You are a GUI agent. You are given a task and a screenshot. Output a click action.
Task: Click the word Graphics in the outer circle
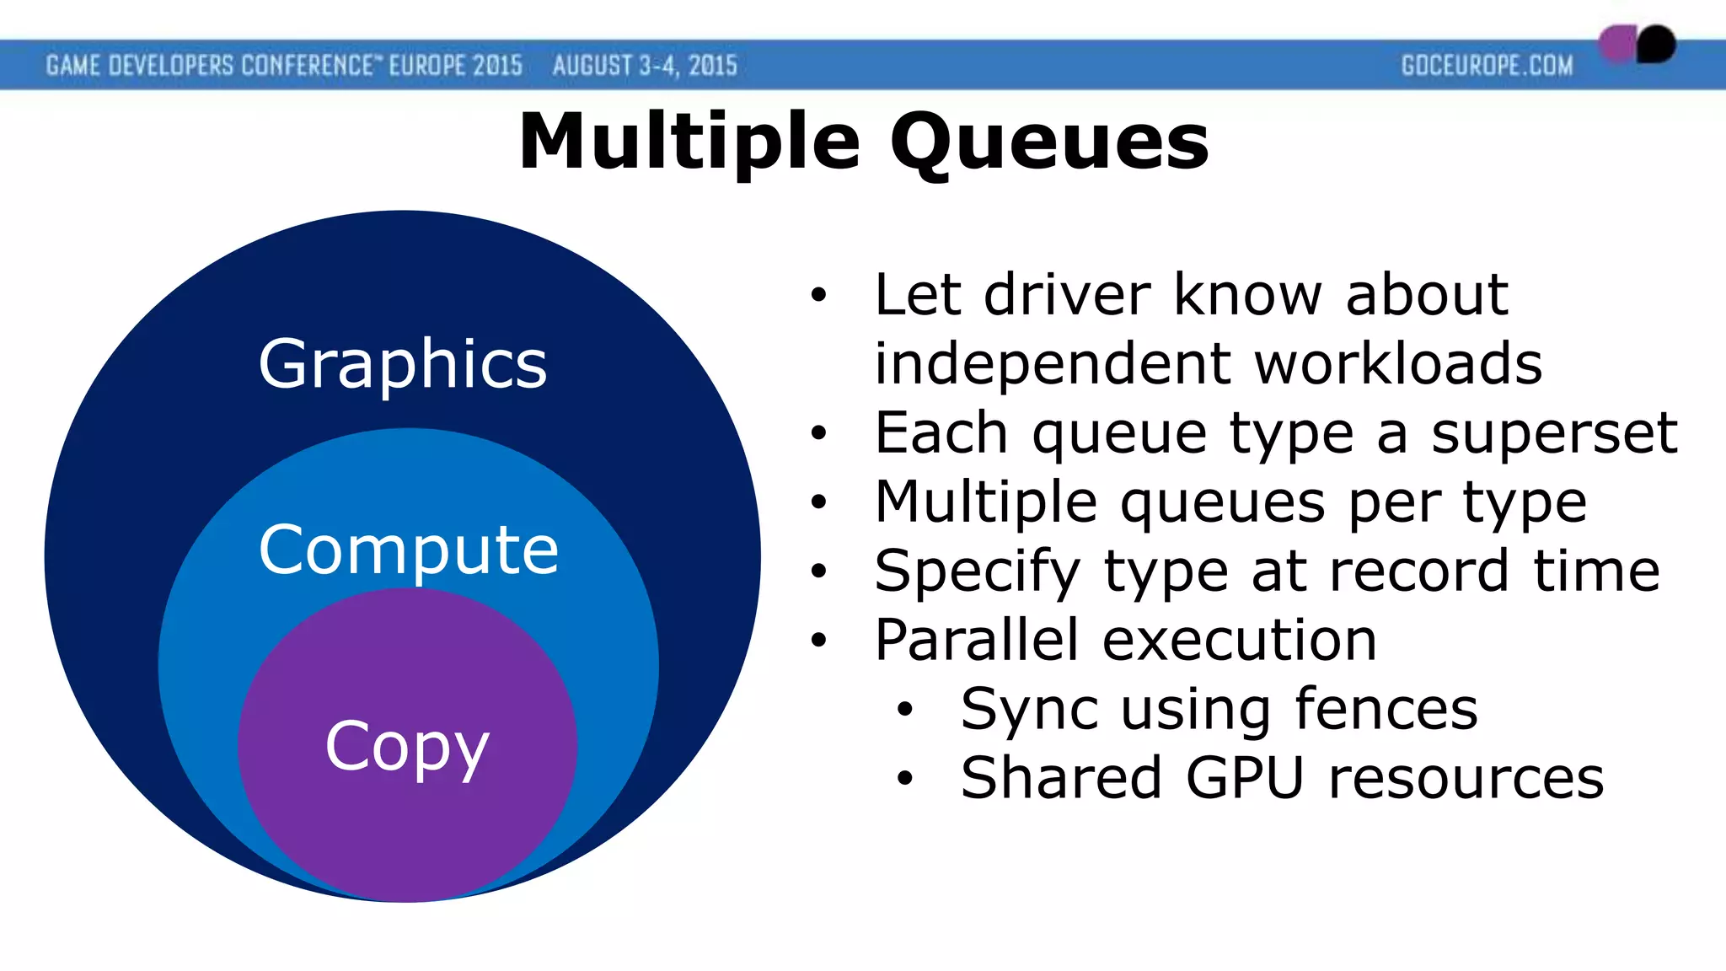[403, 364]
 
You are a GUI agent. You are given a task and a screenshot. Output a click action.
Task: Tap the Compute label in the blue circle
[408, 550]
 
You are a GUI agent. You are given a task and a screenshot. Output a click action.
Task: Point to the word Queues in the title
[1048, 141]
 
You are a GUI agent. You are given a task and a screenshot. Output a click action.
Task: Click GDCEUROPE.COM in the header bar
[1487, 66]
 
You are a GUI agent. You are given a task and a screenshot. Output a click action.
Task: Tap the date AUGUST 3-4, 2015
[645, 66]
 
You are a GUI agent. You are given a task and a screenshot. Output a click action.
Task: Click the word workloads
[1398, 363]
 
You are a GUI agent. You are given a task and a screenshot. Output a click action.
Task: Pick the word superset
[1554, 432]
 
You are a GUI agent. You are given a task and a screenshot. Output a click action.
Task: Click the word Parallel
[976, 640]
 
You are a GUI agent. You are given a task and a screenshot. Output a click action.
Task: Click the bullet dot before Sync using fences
[905, 710]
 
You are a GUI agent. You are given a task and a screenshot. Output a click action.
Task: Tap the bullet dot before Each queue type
[818, 433]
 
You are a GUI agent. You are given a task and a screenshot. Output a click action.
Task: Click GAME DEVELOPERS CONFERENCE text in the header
[209, 66]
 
